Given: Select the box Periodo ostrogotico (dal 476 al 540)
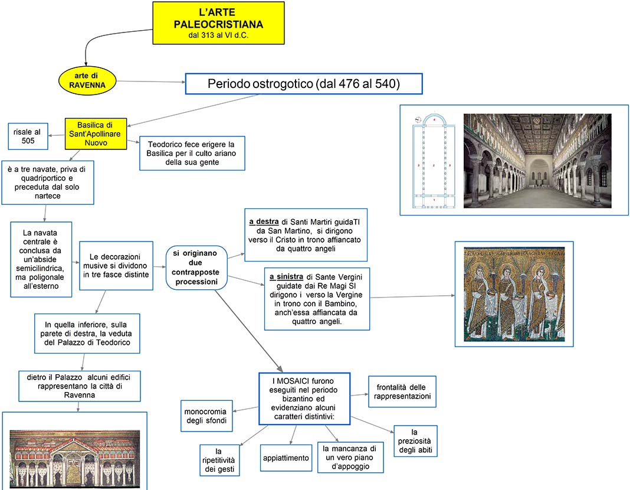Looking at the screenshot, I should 304,84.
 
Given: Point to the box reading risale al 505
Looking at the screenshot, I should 28,136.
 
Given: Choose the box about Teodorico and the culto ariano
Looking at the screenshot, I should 192,153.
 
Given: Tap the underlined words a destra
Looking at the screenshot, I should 265,221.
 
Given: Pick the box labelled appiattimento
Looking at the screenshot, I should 286,458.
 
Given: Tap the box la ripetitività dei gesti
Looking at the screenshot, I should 219,460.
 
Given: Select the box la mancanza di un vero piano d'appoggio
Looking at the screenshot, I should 350,458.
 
